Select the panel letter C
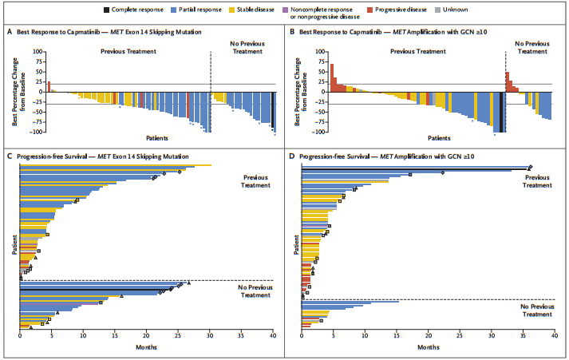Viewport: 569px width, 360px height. point(9,156)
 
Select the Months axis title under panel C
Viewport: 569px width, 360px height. point(145,348)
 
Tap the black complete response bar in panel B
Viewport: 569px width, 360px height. point(501,112)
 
